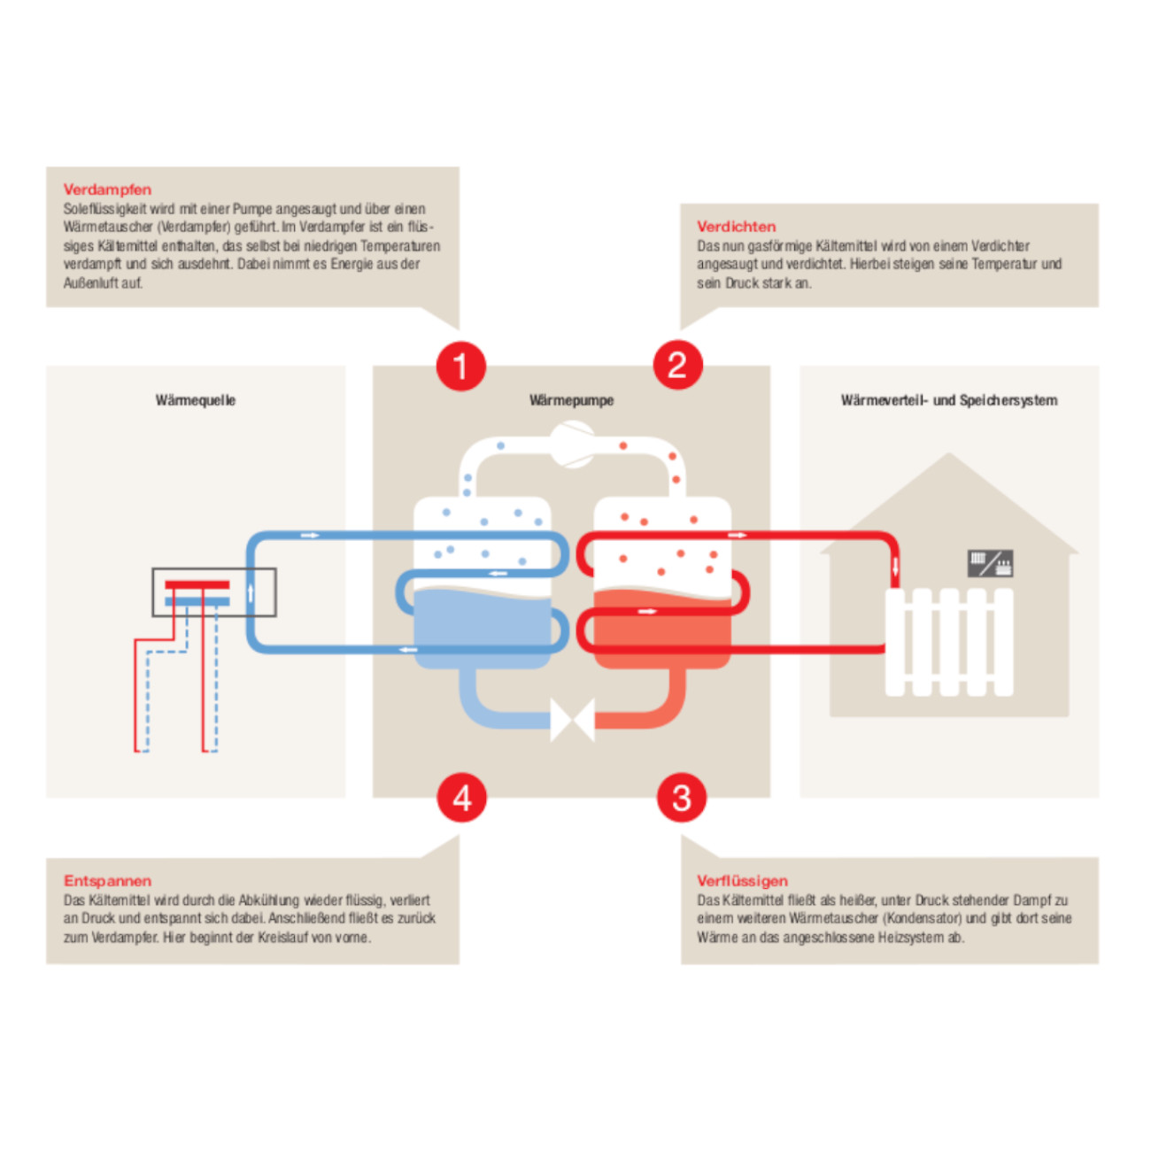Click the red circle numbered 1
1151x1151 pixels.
point(460,365)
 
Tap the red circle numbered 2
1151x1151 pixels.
point(677,365)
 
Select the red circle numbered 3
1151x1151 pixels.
point(681,798)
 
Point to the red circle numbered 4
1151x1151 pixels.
point(461,798)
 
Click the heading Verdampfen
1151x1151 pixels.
point(107,189)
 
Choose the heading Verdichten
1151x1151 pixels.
point(736,227)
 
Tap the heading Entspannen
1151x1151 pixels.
point(107,881)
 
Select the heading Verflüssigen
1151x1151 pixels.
point(742,881)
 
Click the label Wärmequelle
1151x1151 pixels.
point(196,400)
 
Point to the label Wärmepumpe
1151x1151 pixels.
point(571,400)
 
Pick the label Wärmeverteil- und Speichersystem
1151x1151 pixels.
point(949,400)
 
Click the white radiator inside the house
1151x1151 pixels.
point(949,642)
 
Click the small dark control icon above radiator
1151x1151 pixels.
point(990,562)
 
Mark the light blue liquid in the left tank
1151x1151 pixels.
point(483,624)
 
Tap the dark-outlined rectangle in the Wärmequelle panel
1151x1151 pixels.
point(213,592)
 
